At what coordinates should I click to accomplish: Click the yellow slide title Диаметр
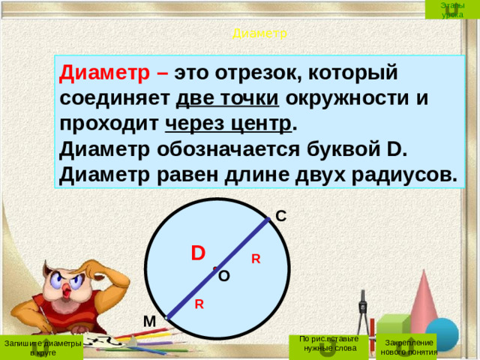pyautogui.click(x=259, y=33)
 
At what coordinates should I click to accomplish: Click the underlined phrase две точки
pyautogui.click(x=227, y=98)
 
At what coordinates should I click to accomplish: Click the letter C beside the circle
pyautogui.click(x=280, y=216)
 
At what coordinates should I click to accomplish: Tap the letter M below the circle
pyautogui.click(x=148, y=322)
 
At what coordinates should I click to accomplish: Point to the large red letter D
pyautogui.click(x=198, y=252)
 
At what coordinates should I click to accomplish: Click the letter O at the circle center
pyautogui.click(x=224, y=276)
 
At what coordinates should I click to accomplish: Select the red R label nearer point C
pyautogui.click(x=256, y=259)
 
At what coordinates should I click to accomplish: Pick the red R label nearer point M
pyautogui.click(x=199, y=304)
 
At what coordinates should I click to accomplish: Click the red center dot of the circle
pyautogui.click(x=214, y=268)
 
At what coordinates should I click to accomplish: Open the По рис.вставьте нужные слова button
pyautogui.click(x=328, y=343)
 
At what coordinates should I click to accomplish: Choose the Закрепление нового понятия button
pyautogui.click(x=407, y=346)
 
